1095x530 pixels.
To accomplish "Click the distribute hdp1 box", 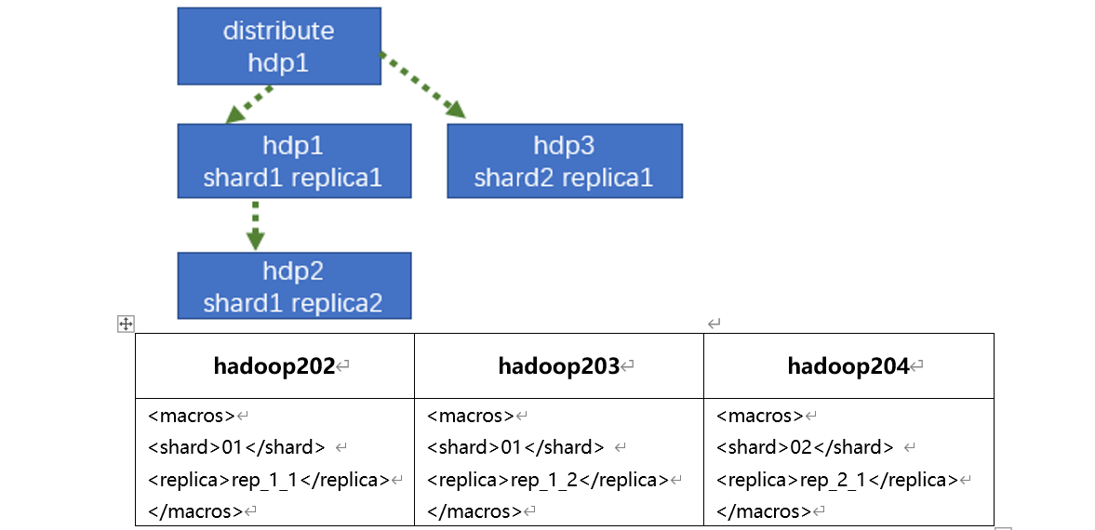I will (x=278, y=46).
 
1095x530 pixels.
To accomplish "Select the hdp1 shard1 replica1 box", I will (x=293, y=162).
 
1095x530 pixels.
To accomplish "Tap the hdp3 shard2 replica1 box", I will (x=564, y=162).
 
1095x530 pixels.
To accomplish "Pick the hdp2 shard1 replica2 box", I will (x=293, y=287).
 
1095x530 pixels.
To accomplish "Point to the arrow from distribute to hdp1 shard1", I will (x=249, y=104).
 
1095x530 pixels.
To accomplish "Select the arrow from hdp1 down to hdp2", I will (x=255, y=224).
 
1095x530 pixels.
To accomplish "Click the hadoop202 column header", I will (x=274, y=366).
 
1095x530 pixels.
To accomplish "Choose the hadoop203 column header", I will (x=559, y=366).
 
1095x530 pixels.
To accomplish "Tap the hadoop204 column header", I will (x=848, y=366).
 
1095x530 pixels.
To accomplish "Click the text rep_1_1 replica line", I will (x=269, y=480).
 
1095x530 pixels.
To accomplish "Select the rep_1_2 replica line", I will (x=548, y=480).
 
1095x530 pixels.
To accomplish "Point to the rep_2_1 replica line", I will (x=837, y=480).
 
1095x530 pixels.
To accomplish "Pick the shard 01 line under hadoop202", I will (x=236, y=447).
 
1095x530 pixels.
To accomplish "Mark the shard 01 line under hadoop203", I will (x=515, y=447).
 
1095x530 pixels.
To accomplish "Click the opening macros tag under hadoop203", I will (x=471, y=416).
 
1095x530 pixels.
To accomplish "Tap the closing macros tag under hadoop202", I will (x=195, y=511).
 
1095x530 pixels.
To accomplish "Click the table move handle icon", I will (x=126, y=324).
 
